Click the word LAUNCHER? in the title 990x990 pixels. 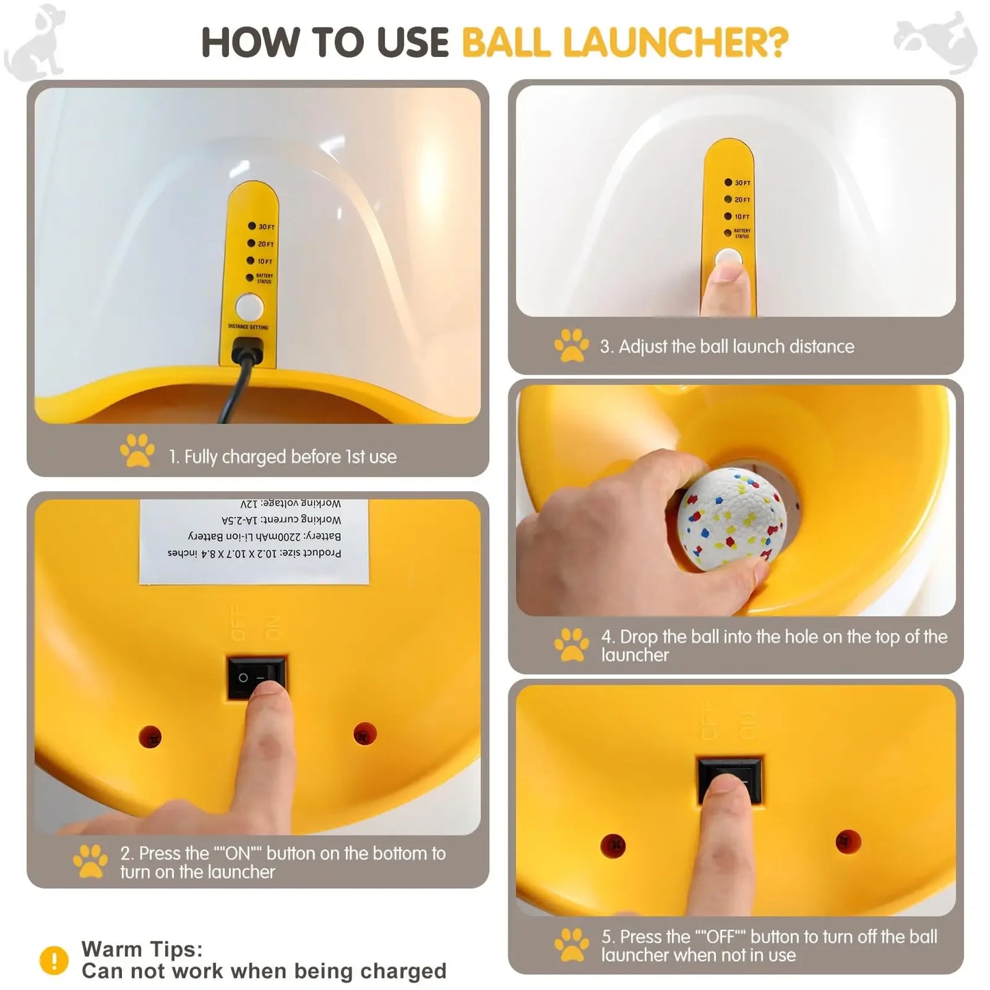coord(676,42)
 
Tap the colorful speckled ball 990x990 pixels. coord(732,518)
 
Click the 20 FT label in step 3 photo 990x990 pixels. coord(742,200)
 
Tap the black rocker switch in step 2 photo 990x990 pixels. coord(256,678)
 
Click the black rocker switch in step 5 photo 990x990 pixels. coord(729,780)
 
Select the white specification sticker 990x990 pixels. coord(254,541)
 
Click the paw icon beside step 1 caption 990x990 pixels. coord(137,451)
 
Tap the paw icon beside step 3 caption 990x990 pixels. coord(571,345)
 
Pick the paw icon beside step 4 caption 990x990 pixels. coord(571,645)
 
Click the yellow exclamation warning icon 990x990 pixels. coord(54,960)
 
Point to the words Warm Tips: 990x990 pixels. coord(142,949)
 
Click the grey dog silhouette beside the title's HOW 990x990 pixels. coord(36,41)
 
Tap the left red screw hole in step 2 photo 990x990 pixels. coord(150,737)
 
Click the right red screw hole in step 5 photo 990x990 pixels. coord(847,841)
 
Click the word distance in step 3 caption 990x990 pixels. coord(821,347)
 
